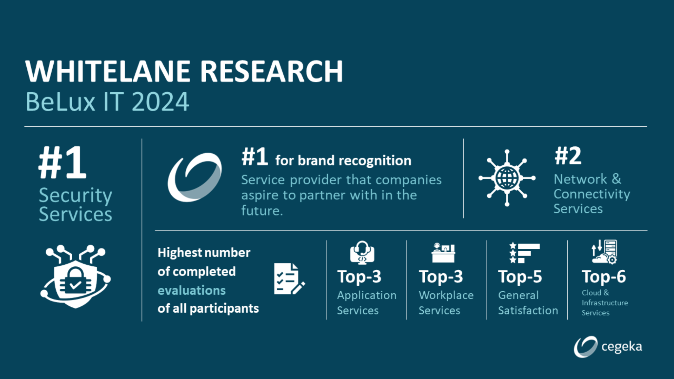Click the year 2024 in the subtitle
160,102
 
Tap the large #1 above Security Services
62,163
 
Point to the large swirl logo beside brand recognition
195,177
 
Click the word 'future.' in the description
262,211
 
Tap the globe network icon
507,178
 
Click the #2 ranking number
568,156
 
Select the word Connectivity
592,194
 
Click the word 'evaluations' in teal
192,291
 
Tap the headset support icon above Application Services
362,252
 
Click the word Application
367,295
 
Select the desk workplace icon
443,253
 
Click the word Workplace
446,295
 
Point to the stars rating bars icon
524,253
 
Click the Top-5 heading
520,277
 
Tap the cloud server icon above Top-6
604,252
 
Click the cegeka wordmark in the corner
621,347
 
